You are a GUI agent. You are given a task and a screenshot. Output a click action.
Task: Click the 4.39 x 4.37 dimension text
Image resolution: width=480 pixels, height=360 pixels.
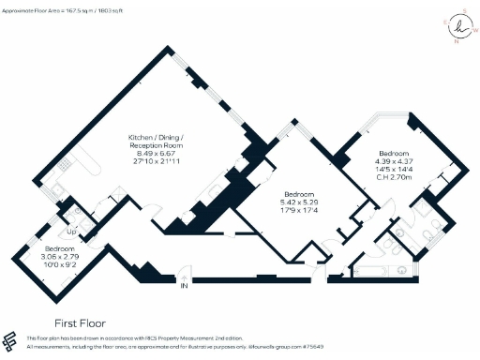[394, 160]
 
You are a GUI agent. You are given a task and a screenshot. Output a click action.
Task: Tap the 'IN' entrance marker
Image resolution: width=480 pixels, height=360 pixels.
[184, 286]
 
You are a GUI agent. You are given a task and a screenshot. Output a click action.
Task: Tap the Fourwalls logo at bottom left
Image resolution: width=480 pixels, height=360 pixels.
[10, 340]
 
